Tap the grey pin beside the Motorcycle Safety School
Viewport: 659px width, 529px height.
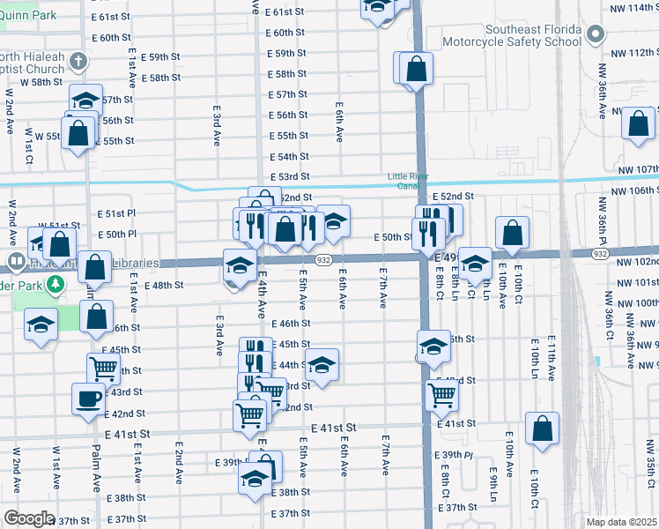tap(596, 35)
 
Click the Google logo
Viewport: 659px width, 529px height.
tap(28, 518)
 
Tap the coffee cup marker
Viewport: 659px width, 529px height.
tap(88, 399)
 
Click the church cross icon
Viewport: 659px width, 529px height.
tap(78, 62)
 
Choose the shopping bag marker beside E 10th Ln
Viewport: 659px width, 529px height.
tap(542, 428)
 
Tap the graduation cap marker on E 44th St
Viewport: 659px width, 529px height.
tap(322, 365)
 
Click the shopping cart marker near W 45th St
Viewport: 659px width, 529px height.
tap(103, 369)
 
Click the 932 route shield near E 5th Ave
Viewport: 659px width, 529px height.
tap(323, 259)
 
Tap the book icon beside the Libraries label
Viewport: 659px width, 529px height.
tap(16, 263)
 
